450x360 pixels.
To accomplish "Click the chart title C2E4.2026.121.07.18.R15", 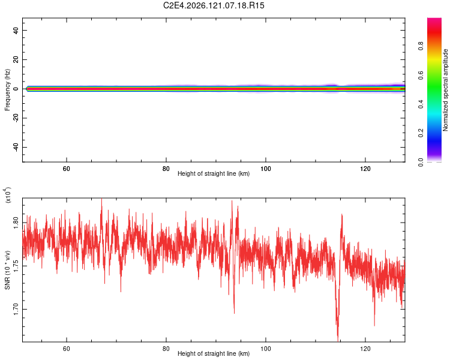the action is [x=214, y=5].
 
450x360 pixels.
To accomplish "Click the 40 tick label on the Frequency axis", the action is [x=16, y=30].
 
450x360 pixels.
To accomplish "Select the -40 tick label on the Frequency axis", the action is [x=16, y=147].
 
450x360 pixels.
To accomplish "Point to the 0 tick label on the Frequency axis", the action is [x=16, y=89].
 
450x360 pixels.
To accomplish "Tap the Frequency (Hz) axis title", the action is [x=7, y=90].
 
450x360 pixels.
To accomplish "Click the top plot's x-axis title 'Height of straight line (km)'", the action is [x=214, y=173].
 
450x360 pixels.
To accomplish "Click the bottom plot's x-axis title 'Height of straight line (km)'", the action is [x=214, y=353].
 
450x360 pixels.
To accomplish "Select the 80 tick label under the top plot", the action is [x=166, y=169].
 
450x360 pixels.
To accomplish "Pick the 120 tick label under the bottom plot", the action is [x=365, y=349].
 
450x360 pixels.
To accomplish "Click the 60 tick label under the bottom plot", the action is [x=66, y=349].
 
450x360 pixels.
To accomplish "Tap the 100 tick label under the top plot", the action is [x=265, y=169].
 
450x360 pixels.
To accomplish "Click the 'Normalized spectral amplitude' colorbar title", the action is [x=445, y=90].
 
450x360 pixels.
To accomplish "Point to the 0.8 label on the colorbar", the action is [x=421, y=46].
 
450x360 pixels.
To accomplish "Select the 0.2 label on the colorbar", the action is [x=421, y=133].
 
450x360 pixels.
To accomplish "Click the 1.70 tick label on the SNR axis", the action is [x=16, y=309].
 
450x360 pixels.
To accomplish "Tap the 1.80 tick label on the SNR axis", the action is [x=16, y=222].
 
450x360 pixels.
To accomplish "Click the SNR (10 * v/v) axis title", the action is [x=7, y=270].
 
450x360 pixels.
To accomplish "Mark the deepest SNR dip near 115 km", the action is [x=338, y=339].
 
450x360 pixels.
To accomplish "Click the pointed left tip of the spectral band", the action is [x=26, y=89].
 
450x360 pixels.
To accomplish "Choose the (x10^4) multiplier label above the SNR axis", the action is [x=8, y=195].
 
